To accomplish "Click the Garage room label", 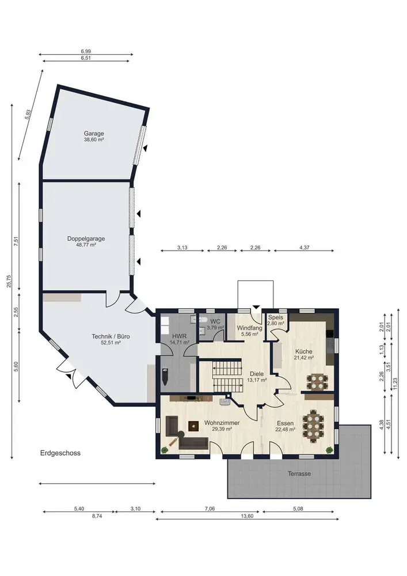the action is [x=94, y=134].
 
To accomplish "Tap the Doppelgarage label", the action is [x=86, y=238].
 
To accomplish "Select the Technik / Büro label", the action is [x=111, y=336].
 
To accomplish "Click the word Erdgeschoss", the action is [x=60, y=453].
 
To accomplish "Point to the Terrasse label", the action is [x=299, y=474].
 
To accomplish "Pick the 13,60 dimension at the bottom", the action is [x=247, y=516].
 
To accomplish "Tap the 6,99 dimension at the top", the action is [x=86, y=52].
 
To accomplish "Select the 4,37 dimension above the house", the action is [x=304, y=248].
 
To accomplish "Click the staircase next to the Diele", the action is [x=227, y=376].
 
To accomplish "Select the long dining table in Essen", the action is [x=314, y=426].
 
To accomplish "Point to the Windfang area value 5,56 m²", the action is [x=250, y=334].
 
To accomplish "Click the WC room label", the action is [x=215, y=321].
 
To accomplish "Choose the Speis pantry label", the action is [x=276, y=317].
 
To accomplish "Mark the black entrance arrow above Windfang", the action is [x=256, y=307].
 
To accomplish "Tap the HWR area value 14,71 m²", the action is [x=180, y=342].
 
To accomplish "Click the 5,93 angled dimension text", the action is [x=27, y=114].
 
